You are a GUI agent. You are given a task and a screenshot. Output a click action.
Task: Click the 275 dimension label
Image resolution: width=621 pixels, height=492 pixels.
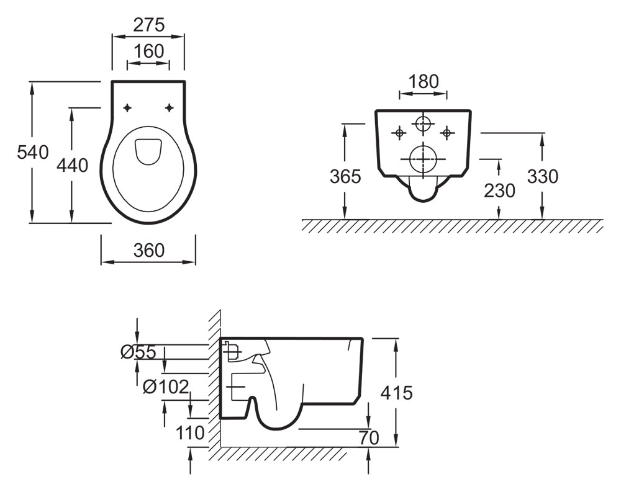148,25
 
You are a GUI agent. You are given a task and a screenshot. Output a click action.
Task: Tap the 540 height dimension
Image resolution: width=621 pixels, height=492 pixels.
32,152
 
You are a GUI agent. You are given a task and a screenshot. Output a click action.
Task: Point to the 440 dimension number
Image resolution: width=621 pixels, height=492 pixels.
72,165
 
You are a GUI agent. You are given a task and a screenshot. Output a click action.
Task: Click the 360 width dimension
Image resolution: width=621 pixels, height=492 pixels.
148,250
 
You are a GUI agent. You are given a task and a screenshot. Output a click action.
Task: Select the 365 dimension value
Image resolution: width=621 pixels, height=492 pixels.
345,177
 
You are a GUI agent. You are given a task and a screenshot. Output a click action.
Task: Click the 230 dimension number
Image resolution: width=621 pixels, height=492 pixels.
499,190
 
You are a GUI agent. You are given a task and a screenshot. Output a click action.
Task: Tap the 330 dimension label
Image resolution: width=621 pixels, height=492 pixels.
542,177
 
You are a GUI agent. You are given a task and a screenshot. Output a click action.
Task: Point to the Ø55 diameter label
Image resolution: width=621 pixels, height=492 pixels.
138,352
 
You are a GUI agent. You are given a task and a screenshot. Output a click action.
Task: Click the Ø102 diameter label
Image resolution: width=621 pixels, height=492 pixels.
165,387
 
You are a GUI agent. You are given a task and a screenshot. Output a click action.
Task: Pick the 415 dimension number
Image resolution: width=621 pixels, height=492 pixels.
396,392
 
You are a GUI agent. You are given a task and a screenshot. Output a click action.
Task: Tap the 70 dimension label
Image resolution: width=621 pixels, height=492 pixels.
369,437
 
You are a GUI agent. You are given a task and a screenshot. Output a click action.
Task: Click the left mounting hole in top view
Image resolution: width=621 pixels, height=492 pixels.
127,108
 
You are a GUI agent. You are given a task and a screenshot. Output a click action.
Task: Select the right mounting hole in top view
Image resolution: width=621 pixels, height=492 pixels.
170,108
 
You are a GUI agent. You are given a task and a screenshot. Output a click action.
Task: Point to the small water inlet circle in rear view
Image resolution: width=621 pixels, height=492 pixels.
423,123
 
